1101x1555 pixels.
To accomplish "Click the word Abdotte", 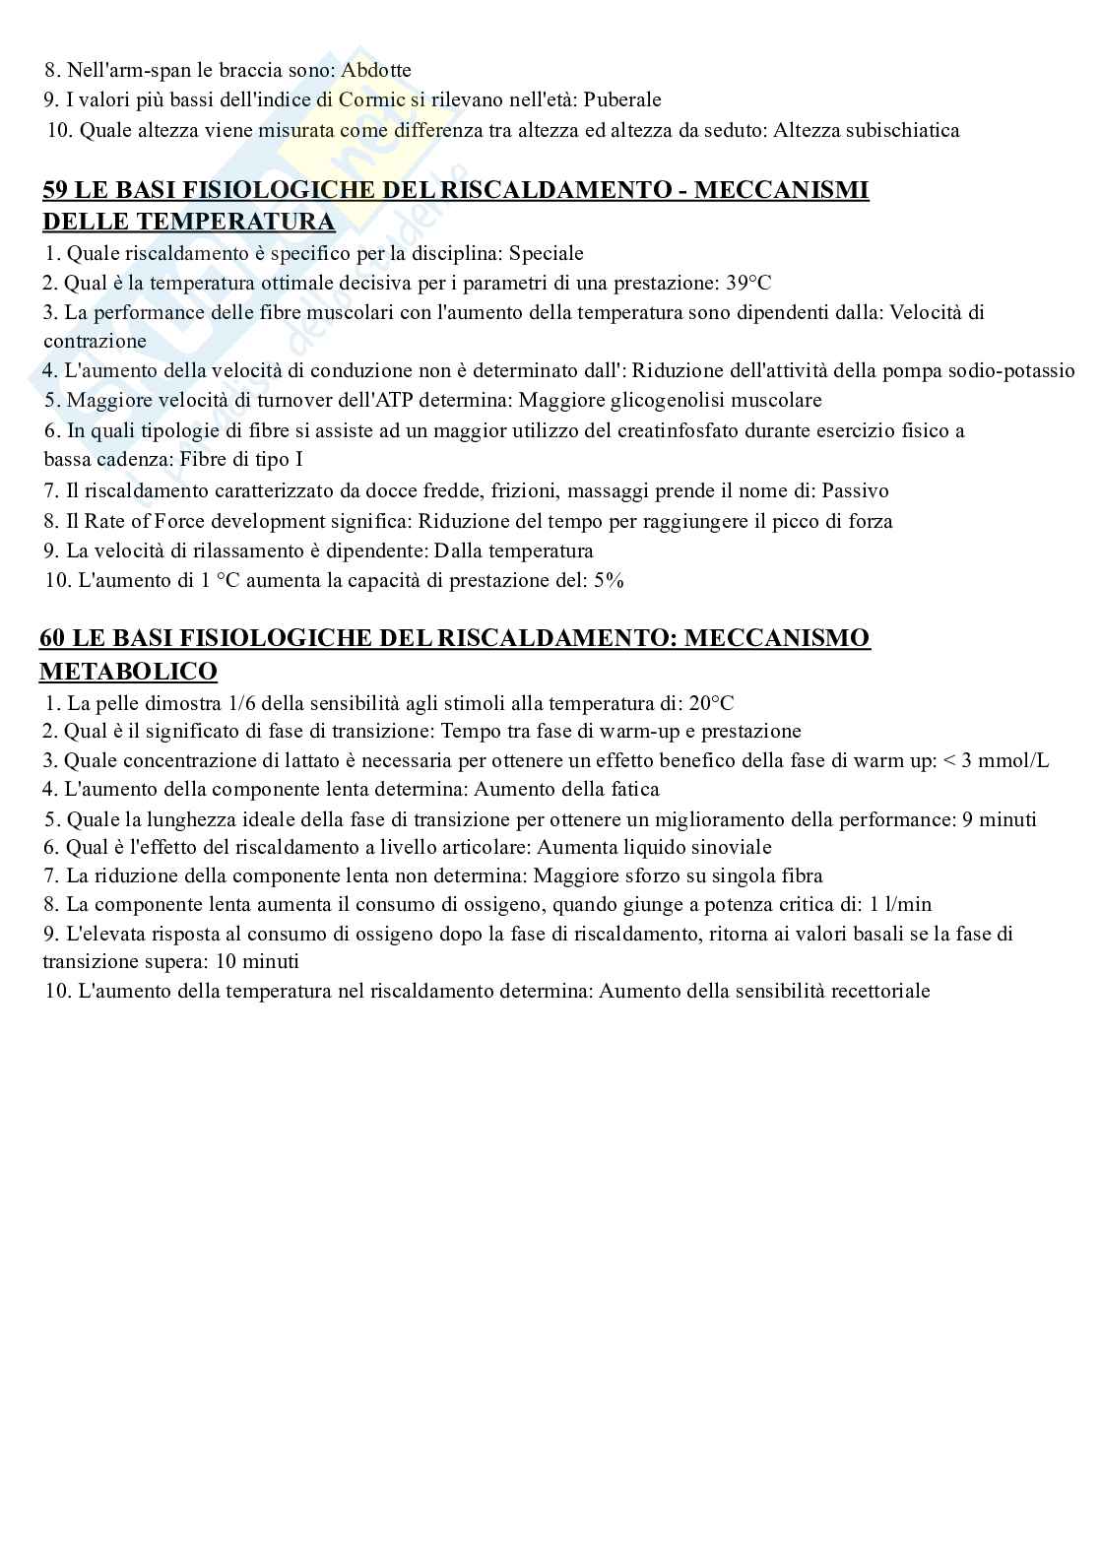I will [375, 70].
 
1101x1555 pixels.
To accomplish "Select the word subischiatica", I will [901, 130].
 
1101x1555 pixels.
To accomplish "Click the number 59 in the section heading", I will [55, 190].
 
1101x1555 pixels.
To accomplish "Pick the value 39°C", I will [748, 284].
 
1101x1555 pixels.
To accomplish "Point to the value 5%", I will [609, 580].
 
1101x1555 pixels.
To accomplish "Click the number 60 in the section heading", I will [52, 638].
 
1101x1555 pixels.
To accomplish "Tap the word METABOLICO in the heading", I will [128, 672].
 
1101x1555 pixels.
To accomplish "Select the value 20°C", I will [711, 703].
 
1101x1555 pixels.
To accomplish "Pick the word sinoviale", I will [732, 847].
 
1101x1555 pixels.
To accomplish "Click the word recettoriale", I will [879, 991].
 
